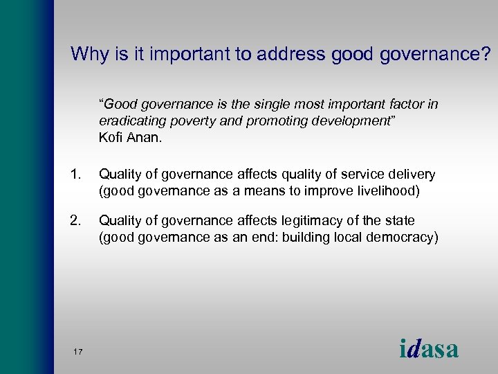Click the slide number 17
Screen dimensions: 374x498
[77, 352]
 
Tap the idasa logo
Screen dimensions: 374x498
[429, 348]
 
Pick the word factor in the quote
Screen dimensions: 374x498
[407, 105]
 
